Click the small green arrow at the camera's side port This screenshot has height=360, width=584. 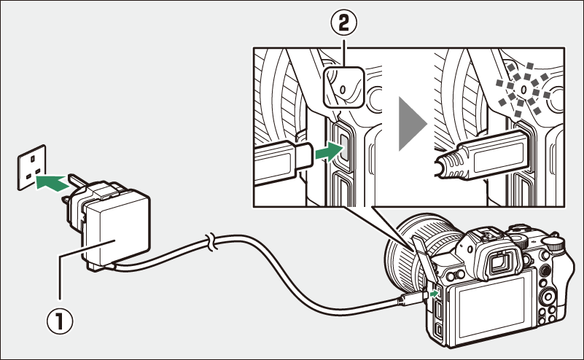pos(435,293)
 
